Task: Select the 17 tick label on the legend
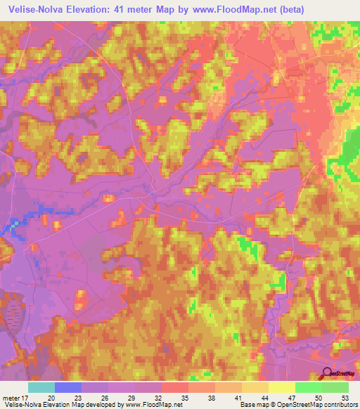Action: click(x=26, y=398)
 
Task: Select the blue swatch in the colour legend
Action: click(x=68, y=387)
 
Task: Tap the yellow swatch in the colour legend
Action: click(x=282, y=387)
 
